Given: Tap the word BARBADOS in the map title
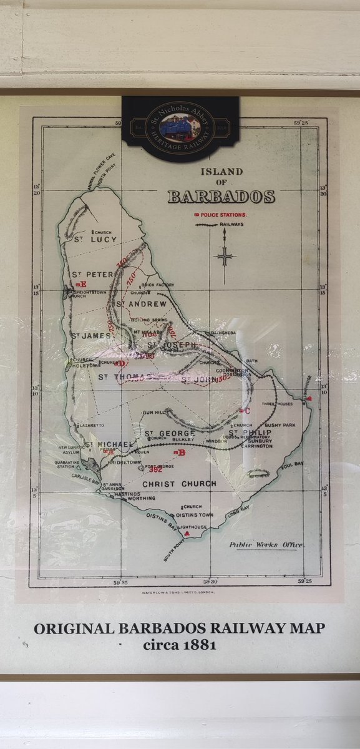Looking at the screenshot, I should tap(221, 197).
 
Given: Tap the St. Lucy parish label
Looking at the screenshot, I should tap(95, 239).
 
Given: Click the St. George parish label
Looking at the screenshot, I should tap(169, 433).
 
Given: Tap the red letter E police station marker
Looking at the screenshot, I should tap(79, 285).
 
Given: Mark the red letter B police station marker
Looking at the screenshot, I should tap(181, 453).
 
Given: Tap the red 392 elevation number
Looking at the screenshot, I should tap(155, 470).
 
